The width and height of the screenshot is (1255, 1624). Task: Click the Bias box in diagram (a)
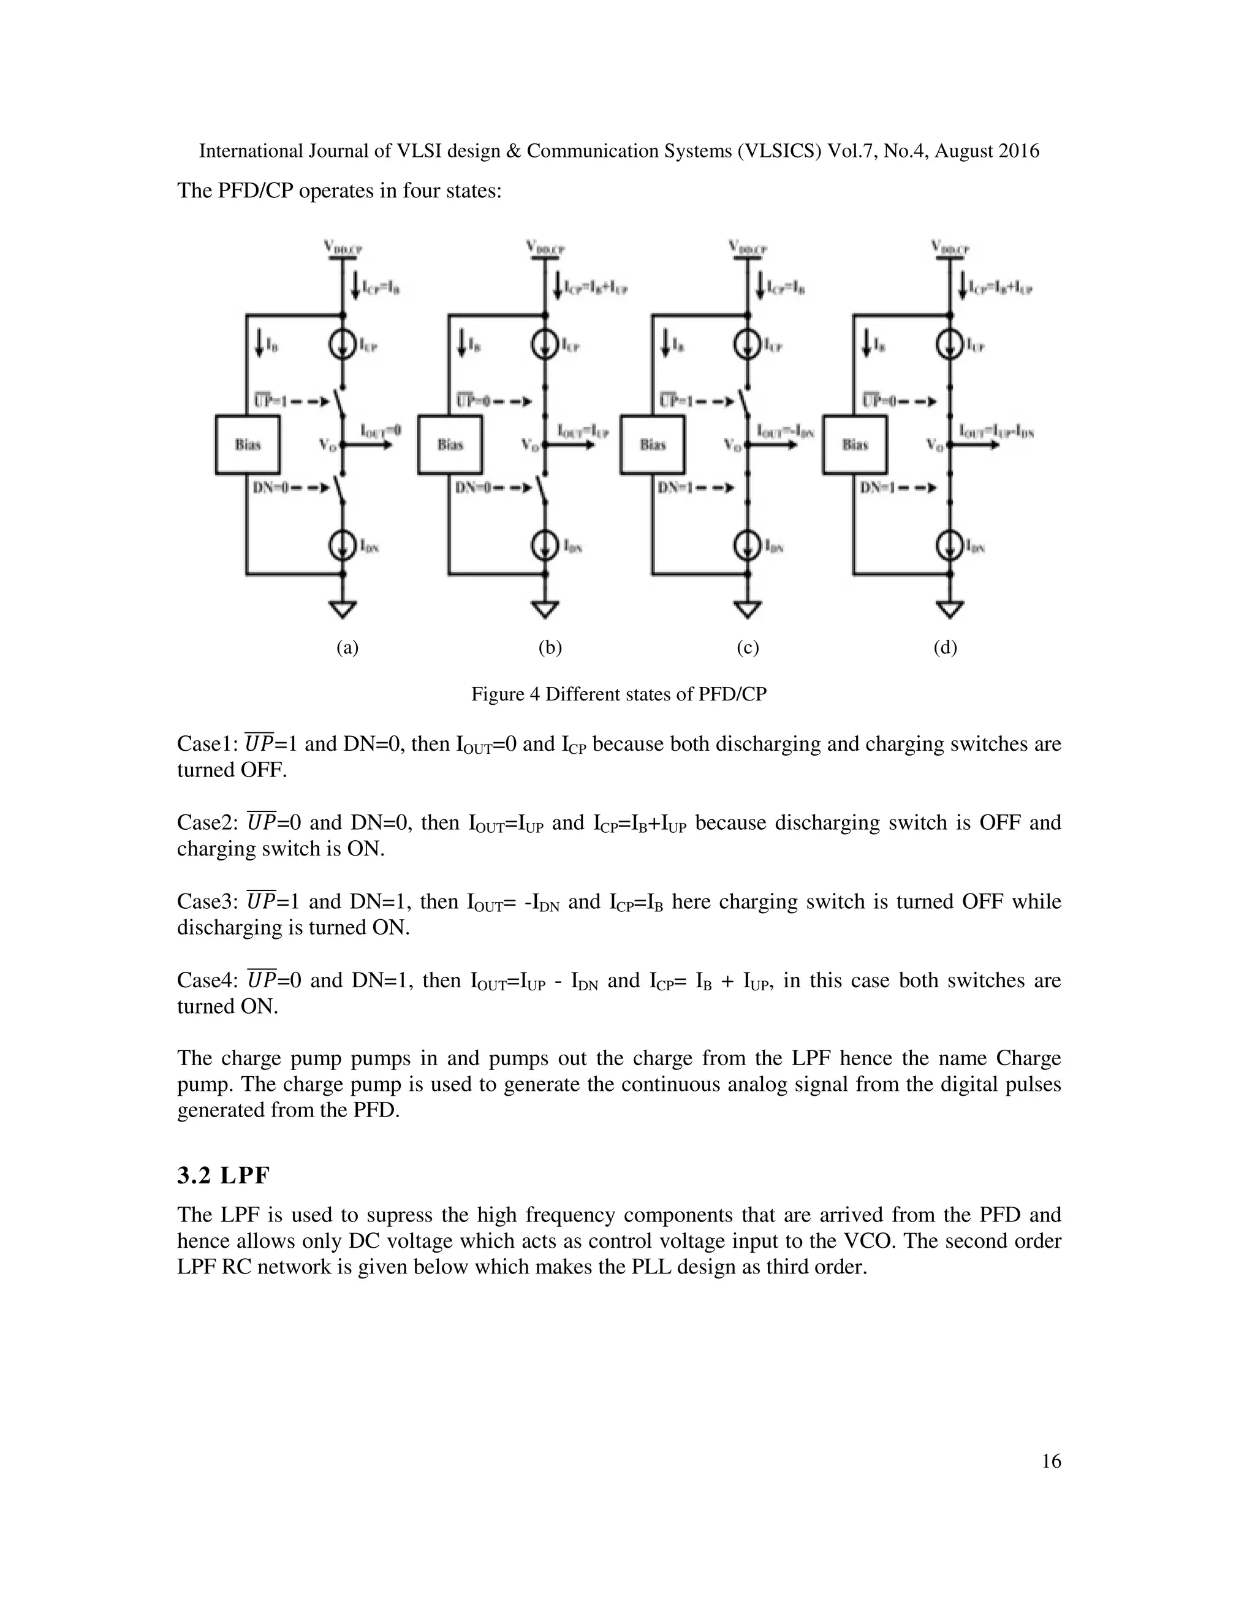pos(248,445)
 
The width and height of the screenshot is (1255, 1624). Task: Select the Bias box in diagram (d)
pos(854,445)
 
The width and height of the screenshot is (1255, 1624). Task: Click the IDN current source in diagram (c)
pos(747,547)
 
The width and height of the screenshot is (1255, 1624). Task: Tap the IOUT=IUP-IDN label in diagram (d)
pos(996,431)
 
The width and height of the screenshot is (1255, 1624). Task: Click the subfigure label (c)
pos(747,648)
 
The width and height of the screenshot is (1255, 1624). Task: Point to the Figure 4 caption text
pos(618,694)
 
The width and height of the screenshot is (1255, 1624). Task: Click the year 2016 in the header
pos(1018,152)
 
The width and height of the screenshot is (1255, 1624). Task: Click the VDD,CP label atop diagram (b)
pos(545,248)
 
